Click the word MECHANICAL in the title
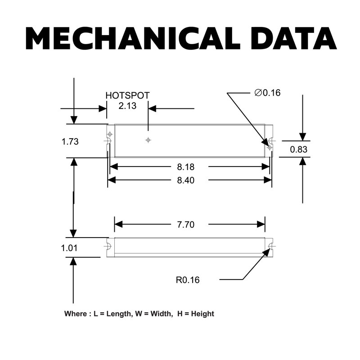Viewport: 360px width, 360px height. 133,38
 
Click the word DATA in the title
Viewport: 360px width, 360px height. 294,38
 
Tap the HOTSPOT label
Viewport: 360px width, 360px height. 127,95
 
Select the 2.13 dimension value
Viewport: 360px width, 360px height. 127,106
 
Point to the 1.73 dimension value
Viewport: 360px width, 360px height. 70,141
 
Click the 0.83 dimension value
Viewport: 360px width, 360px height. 298,149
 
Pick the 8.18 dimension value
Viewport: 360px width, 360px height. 186,167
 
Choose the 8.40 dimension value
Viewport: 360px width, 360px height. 186,180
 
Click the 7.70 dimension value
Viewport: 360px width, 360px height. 186,225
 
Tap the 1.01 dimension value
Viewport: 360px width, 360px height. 69,248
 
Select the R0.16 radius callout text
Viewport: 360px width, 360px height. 188,280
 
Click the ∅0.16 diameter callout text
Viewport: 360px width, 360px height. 267,93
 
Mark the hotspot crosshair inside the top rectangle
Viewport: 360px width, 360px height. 148,140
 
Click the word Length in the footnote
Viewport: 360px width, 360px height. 119,314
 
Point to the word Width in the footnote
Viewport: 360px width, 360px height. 161,314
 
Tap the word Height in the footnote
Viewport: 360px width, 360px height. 202,314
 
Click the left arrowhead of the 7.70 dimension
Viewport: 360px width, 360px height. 118,224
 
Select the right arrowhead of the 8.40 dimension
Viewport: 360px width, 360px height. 268,180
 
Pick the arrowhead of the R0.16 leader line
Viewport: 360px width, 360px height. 266,252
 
